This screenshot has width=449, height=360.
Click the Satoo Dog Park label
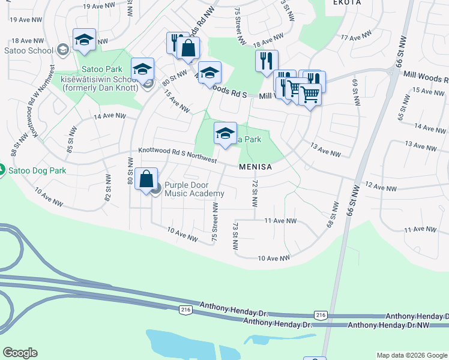(37, 170)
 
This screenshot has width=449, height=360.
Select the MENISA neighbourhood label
(255, 167)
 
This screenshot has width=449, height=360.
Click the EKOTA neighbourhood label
(345, 2)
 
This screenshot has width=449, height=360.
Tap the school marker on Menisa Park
(225, 134)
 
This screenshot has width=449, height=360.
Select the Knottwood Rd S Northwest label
(177, 155)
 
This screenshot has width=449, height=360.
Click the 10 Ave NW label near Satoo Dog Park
(49, 196)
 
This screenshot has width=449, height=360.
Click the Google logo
(20, 353)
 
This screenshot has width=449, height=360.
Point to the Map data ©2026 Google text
(411, 355)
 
